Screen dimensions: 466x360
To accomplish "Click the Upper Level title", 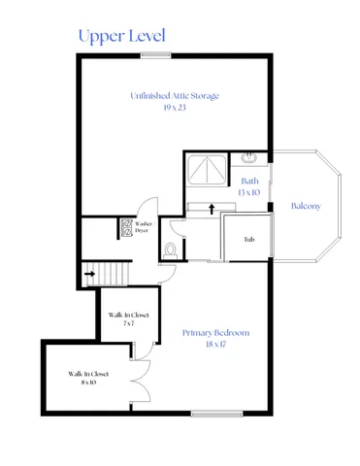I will click(x=121, y=36).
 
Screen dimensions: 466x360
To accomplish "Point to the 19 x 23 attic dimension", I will click(x=175, y=108).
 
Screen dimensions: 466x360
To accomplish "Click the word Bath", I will click(x=249, y=181).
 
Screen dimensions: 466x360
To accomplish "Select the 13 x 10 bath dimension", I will click(x=249, y=192).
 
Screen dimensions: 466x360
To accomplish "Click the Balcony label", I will click(x=306, y=206).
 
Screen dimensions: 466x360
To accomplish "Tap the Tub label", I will click(x=248, y=239).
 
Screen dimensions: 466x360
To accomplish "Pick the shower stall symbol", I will click(x=205, y=172).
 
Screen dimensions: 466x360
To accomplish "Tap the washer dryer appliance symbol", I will click(x=126, y=228).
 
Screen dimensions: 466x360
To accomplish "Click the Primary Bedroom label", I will click(x=215, y=333).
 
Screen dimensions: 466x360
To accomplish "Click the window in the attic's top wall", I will click(x=156, y=55).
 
